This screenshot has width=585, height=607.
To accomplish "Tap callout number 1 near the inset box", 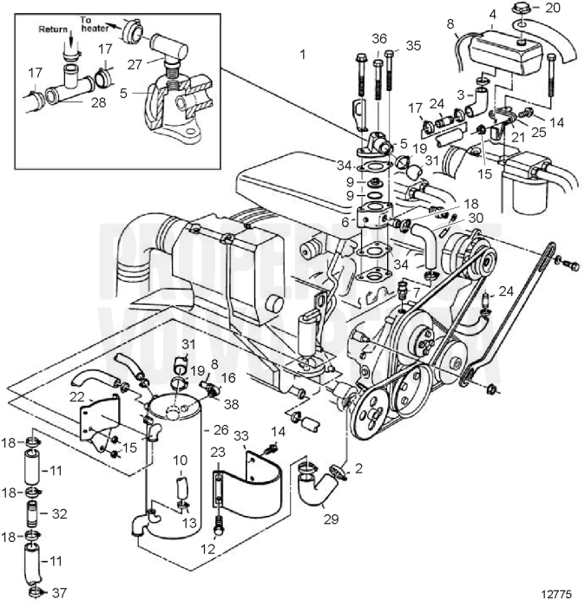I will pos(303,55).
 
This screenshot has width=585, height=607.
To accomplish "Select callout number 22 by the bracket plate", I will pos(77,395).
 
